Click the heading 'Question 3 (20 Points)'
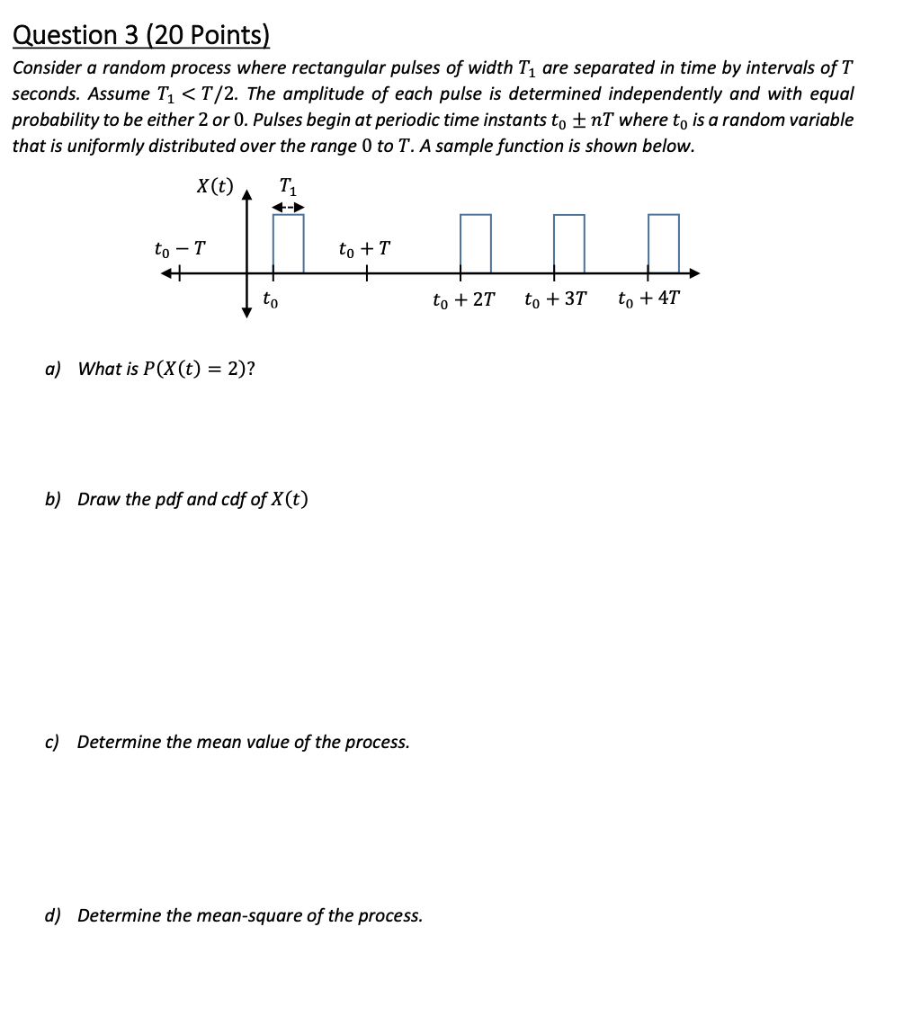click(x=141, y=35)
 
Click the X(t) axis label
click(x=214, y=187)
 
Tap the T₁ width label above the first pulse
click(x=288, y=187)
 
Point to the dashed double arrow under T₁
click(x=289, y=208)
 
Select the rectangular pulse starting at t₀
click(x=289, y=243)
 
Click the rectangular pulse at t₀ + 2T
click(x=476, y=243)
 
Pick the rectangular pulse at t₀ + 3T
click(x=568, y=243)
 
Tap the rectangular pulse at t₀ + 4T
click(x=663, y=243)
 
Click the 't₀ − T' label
click(x=180, y=248)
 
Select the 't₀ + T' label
click(x=364, y=248)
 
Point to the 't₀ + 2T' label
click(x=463, y=299)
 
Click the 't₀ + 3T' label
click(x=555, y=299)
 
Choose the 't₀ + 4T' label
click(x=649, y=299)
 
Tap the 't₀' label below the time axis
click(x=270, y=299)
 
